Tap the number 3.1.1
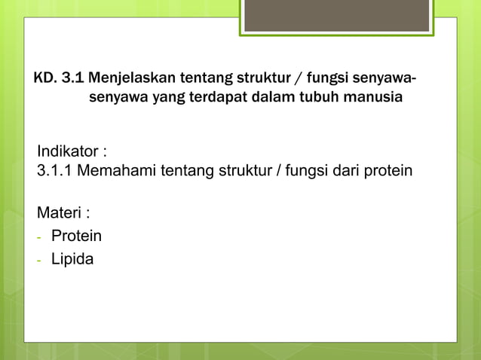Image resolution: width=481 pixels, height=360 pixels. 55,170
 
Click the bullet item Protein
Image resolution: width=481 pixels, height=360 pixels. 76,236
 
